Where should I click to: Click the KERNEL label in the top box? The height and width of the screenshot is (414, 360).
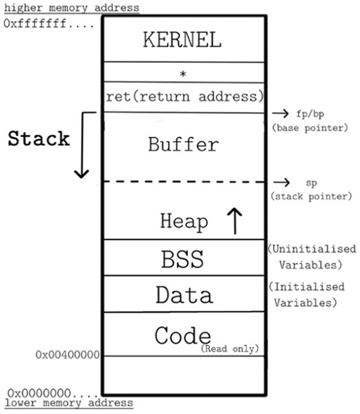coord(182,40)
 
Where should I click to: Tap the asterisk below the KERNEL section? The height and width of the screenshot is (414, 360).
coord(183,72)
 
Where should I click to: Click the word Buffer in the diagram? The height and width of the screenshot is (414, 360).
coord(183,145)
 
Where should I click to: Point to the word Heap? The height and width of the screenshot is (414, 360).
coord(184,221)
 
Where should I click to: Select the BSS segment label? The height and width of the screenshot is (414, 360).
coord(183,260)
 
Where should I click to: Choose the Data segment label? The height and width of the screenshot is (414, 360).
coord(183,295)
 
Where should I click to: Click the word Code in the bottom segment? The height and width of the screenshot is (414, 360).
coord(182,336)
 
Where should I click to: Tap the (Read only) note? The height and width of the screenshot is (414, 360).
coord(230,348)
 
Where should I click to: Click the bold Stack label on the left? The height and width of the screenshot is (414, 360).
coord(39,138)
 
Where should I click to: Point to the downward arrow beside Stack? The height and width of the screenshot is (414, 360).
coord(82,146)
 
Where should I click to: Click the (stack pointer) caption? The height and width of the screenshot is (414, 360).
coord(311,196)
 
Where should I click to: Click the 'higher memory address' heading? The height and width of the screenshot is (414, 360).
coord(71,8)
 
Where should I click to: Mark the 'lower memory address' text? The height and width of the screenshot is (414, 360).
coord(68,402)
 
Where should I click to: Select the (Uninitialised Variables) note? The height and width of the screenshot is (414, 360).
coord(311,256)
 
